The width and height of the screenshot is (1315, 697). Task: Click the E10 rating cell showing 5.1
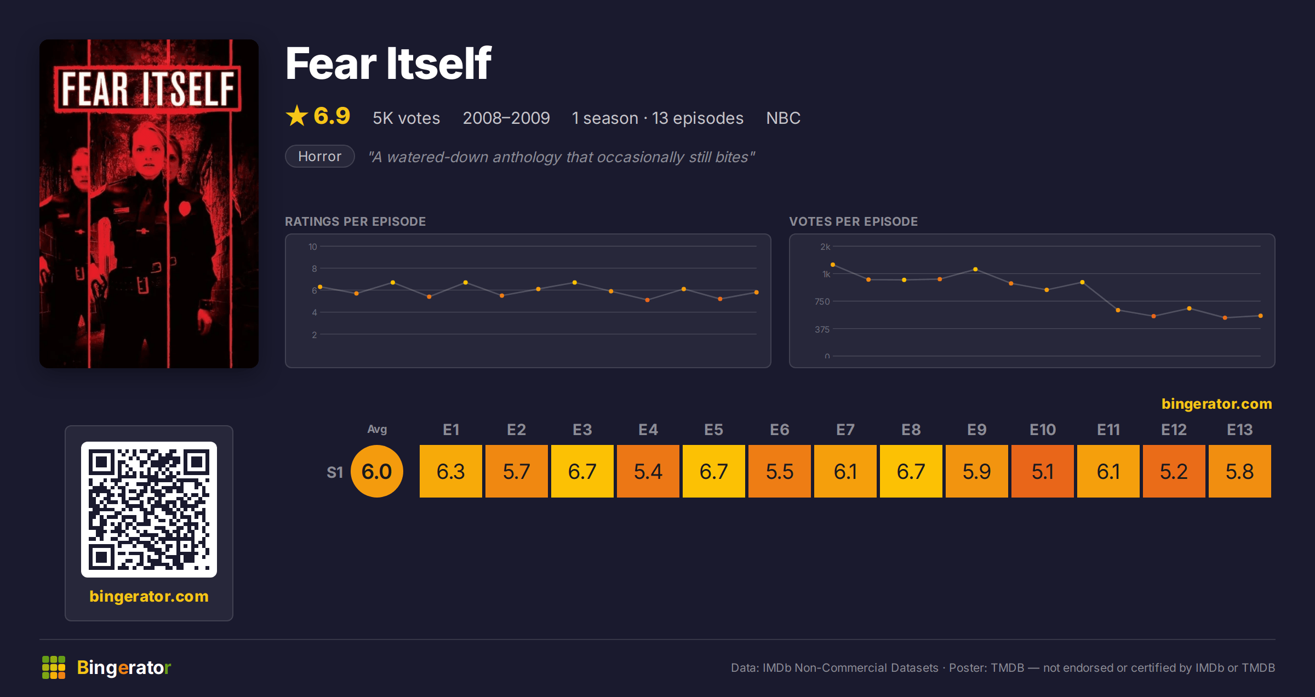pyautogui.click(x=1042, y=471)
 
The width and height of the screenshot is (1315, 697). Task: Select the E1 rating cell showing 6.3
pyautogui.click(x=450, y=471)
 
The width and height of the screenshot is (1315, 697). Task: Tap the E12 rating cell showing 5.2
pyautogui.click(x=1174, y=471)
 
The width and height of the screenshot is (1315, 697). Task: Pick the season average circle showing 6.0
pyautogui.click(x=377, y=471)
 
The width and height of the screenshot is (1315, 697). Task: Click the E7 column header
pyautogui.click(x=845, y=430)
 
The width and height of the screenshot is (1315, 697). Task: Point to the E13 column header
pyautogui.click(x=1239, y=430)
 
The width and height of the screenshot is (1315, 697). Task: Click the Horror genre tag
pyautogui.click(x=320, y=156)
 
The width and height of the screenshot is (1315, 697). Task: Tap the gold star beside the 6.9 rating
pyautogui.click(x=297, y=116)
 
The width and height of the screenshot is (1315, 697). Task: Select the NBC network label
pyautogui.click(x=783, y=118)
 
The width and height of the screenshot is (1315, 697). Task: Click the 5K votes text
pyautogui.click(x=406, y=118)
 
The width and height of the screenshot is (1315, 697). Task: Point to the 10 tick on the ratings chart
pyautogui.click(x=313, y=247)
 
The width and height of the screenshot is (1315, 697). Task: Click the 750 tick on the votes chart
pyautogui.click(x=822, y=301)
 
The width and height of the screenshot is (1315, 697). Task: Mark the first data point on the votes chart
pyautogui.click(x=833, y=265)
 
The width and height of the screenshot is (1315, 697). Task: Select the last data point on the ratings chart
pyautogui.click(x=756, y=292)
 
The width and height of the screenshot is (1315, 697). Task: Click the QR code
pyautogui.click(x=149, y=510)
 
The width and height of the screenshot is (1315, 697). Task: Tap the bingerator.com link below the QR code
pyautogui.click(x=149, y=596)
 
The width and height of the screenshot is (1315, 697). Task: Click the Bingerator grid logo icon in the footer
pyautogui.click(x=54, y=667)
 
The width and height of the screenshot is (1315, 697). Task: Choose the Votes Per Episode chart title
pyautogui.click(x=853, y=221)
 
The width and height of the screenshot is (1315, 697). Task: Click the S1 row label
pyautogui.click(x=335, y=472)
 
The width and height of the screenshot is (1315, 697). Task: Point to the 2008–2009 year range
pyautogui.click(x=506, y=118)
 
